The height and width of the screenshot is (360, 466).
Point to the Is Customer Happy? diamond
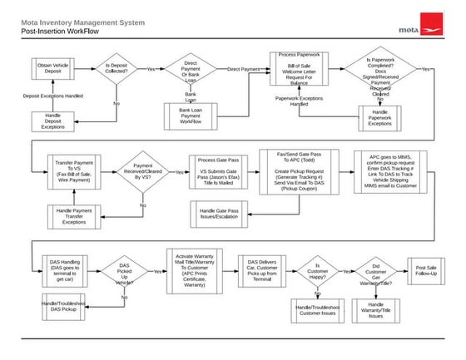(316, 272)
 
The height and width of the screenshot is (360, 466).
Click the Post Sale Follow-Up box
(425, 272)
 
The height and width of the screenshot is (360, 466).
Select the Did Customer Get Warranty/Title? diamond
(375, 272)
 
